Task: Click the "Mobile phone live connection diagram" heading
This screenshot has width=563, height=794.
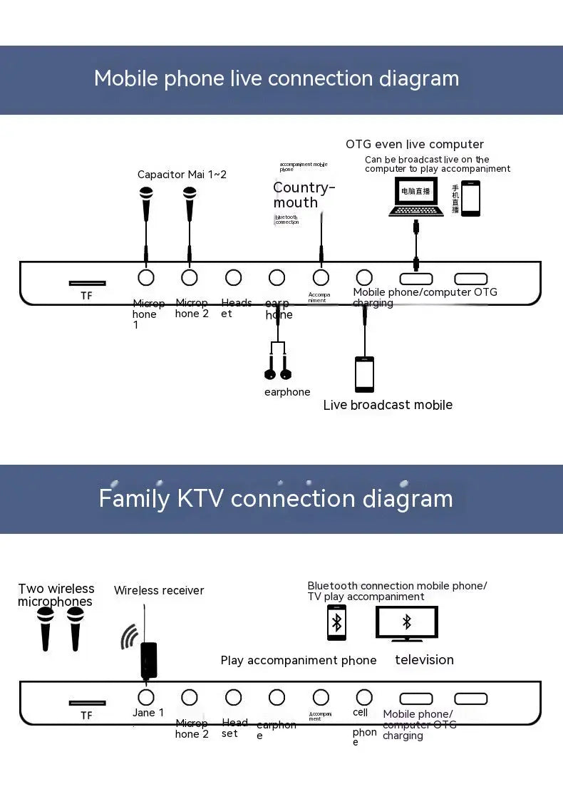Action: click(277, 78)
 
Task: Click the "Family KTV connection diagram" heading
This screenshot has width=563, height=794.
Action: click(276, 498)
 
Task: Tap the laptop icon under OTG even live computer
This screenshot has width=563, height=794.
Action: click(416, 197)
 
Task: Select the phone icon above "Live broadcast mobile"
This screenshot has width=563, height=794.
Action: click(364, 374)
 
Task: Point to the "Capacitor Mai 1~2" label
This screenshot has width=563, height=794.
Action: click(182, 175)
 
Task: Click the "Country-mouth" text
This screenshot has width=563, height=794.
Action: click(304, 195)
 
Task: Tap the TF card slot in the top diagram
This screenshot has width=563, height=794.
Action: click(87, 283)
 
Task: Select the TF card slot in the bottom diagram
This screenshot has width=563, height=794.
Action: click(87, 703)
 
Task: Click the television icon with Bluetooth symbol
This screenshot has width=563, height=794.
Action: click(407, 623)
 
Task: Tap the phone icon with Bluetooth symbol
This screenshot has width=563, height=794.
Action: click(336, 622)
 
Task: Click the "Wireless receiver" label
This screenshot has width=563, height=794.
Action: click(159, 590)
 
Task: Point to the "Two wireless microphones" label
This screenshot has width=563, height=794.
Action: click(56, 595)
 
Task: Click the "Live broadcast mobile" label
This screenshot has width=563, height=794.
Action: click(388, 405)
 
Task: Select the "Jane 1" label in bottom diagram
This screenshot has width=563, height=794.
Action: click(148, 713)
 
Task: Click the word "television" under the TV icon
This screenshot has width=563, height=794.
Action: click(424, 660)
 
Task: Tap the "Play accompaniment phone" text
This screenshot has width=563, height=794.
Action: click(299, 661)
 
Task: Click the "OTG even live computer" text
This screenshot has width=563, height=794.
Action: click(415, 145)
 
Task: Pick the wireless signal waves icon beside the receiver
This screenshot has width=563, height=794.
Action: click(129, 637)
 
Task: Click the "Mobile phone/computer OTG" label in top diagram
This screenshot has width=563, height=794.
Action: click(425, 292)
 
